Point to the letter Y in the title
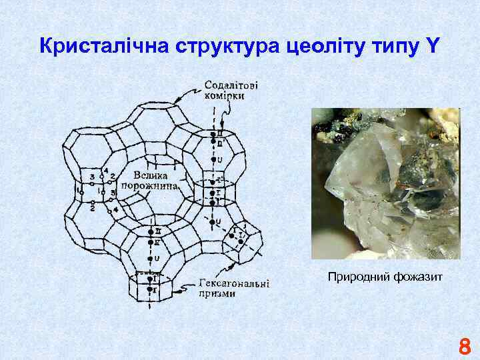[434, 46]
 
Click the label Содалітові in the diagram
[231, 85]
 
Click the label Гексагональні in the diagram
[234, 283]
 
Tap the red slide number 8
[465, 347]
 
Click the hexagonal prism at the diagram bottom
[151, 287]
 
